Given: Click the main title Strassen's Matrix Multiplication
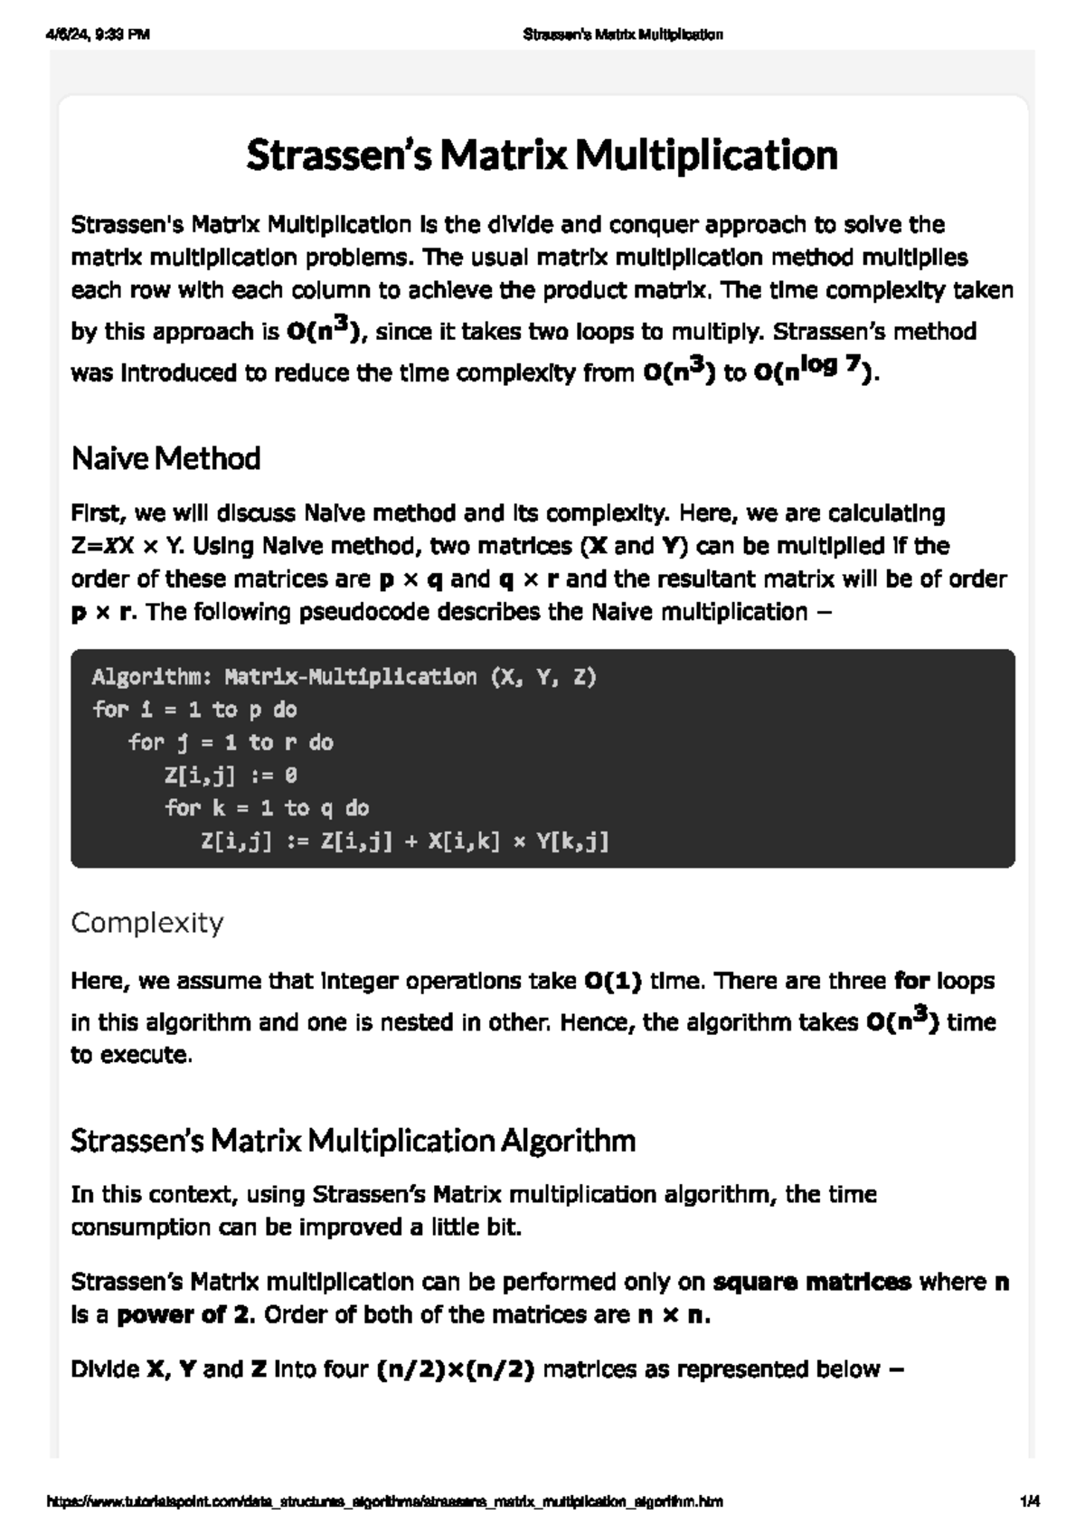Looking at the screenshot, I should [542, 155].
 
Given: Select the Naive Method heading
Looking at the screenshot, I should [165, 458].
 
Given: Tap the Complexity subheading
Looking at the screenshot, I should [146, 923].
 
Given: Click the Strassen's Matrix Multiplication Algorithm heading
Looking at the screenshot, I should [353, 1141].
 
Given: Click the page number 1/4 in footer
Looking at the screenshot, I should [1029, 1501].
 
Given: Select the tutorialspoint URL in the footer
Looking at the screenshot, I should [384, 1501].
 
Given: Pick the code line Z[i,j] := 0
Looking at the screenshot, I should [231, 776].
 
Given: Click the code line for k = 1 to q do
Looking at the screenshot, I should [267, 808].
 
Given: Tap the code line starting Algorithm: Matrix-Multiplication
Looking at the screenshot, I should [344, 677].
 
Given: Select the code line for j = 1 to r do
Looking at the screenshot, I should [231, 743].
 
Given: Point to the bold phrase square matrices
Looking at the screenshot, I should [812, 1282].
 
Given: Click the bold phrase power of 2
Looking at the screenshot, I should [186, 1314].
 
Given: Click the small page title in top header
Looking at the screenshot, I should [623, 35].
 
